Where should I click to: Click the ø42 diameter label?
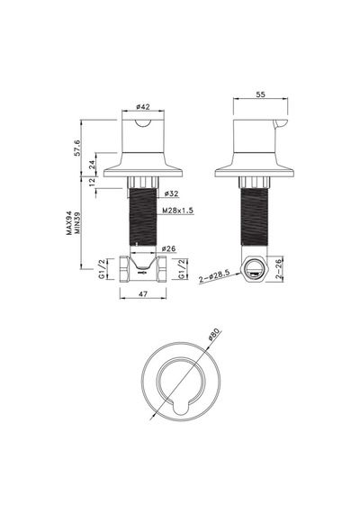[x=143, y=107]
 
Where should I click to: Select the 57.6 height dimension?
[x=77, y=148]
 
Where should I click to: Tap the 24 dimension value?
[x=93, y=163]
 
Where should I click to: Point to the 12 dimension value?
[x=93, y=180]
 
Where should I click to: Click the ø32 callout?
[x=172, y=193]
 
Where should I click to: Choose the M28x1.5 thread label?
[x=178, y=211]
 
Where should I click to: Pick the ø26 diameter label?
[x=168, y=249]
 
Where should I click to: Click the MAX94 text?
[x=69, y=224]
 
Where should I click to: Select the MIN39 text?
[x=77, y=222]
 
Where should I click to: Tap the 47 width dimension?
[x=143, y=293]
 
